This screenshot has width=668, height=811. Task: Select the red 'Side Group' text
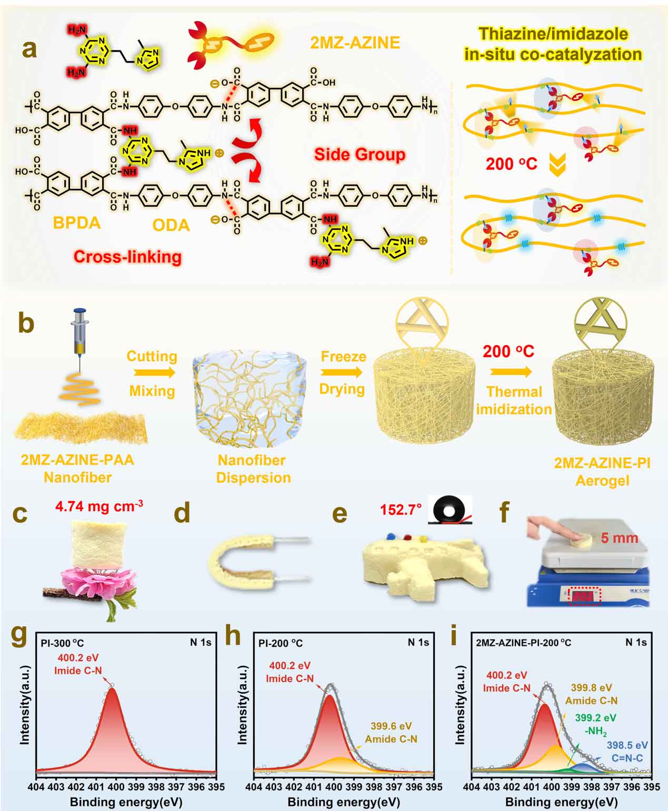tap(360, 155)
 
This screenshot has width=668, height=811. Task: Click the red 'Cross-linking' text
tap(127, 257)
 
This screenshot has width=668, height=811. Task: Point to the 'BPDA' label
tap(76, 223)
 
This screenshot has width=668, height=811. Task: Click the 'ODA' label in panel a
tap(171, 225)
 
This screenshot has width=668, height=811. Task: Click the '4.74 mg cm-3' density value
tap(99, 507)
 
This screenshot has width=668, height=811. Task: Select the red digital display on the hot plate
tap(583, 597)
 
